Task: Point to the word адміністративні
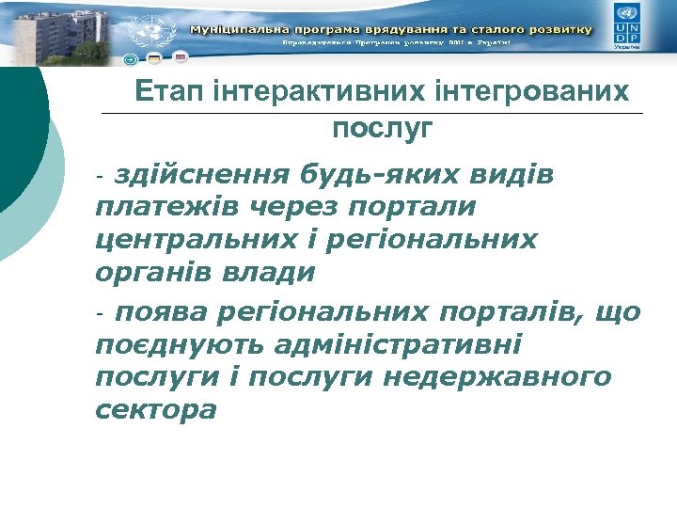pos(399,344)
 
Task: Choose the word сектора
pos(156,411)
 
